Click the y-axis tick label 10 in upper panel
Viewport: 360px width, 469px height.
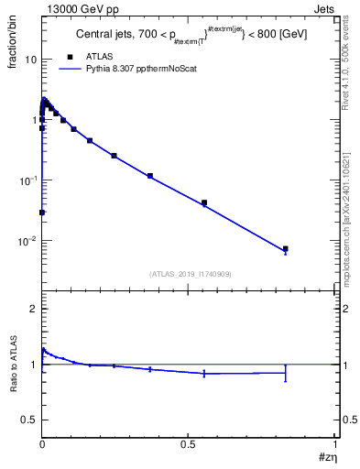point(30,60)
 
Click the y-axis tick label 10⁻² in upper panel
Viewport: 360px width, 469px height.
point(28,241)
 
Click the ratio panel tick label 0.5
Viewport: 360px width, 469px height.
point(28,420)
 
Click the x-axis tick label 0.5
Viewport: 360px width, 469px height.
point(188,443)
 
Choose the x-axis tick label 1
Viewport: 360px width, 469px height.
point(335,443)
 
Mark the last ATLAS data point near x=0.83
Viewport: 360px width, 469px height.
point(285,248)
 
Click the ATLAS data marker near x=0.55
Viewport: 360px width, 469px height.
point(203,202)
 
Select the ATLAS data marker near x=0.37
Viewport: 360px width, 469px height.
point(149,175)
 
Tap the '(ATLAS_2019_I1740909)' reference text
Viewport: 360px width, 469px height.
point(189,273)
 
